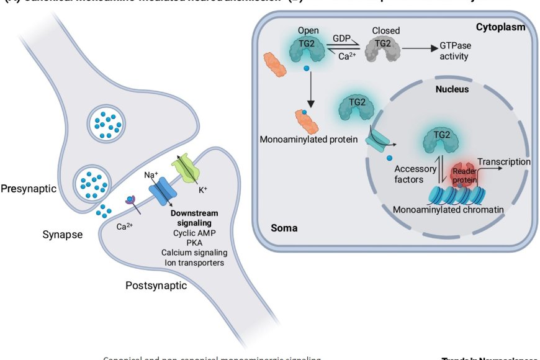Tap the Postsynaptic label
(x=156, y=286)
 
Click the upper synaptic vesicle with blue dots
(x=104, y=122)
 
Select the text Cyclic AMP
(x=194, y=232)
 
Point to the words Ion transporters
(x=194, y=263)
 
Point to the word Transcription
(x=504, y=162)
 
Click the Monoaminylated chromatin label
(x=448, y=210)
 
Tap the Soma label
(x=284, y=228)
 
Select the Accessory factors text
(x=415, y=174)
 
